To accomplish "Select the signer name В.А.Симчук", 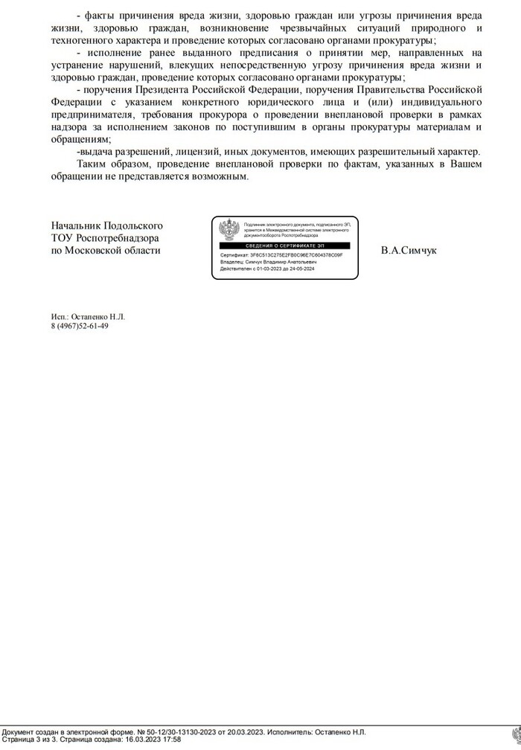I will pos(409,251).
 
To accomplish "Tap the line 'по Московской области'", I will pos(106,251).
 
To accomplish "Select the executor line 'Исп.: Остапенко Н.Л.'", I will pos(88,316).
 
